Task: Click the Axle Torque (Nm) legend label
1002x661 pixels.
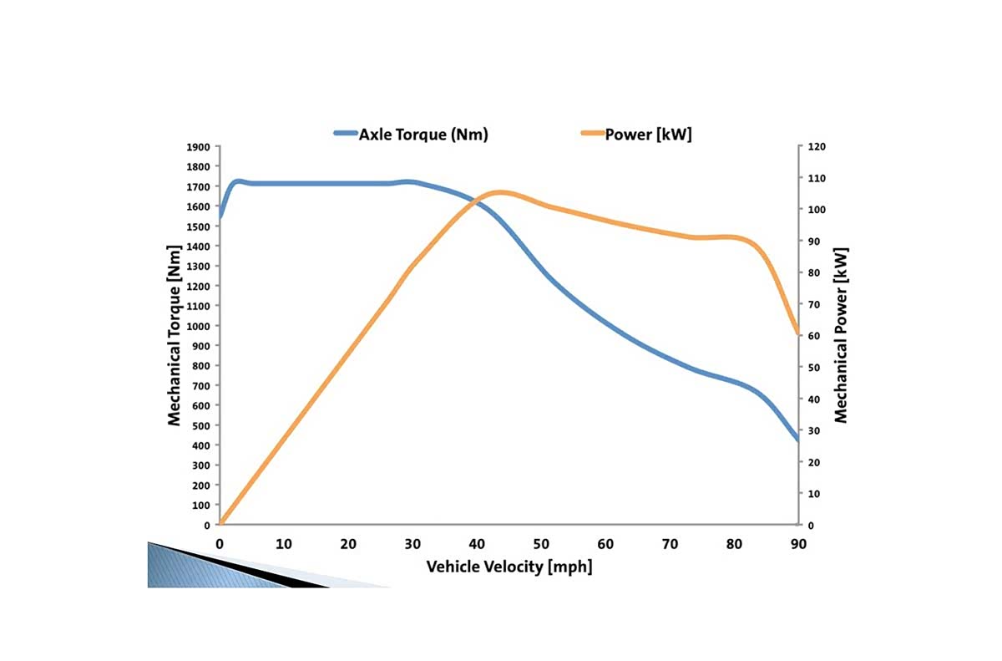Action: (x=423, y=135)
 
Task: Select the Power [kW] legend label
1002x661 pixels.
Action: (x=648, y=135)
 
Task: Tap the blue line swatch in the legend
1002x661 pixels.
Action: (x=345, y=134)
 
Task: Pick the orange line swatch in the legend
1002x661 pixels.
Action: (x=592, y=134)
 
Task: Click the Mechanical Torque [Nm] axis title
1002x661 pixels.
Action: (x=175, y=335)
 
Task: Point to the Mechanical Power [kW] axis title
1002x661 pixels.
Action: (x=841, y=335)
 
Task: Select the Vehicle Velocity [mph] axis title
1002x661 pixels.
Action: (x=509, y=567)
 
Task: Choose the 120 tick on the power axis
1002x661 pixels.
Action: (x=816, y=146)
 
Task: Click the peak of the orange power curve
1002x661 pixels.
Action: (x=499, y=192)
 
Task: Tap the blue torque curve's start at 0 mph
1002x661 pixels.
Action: (x=220, y=217)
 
